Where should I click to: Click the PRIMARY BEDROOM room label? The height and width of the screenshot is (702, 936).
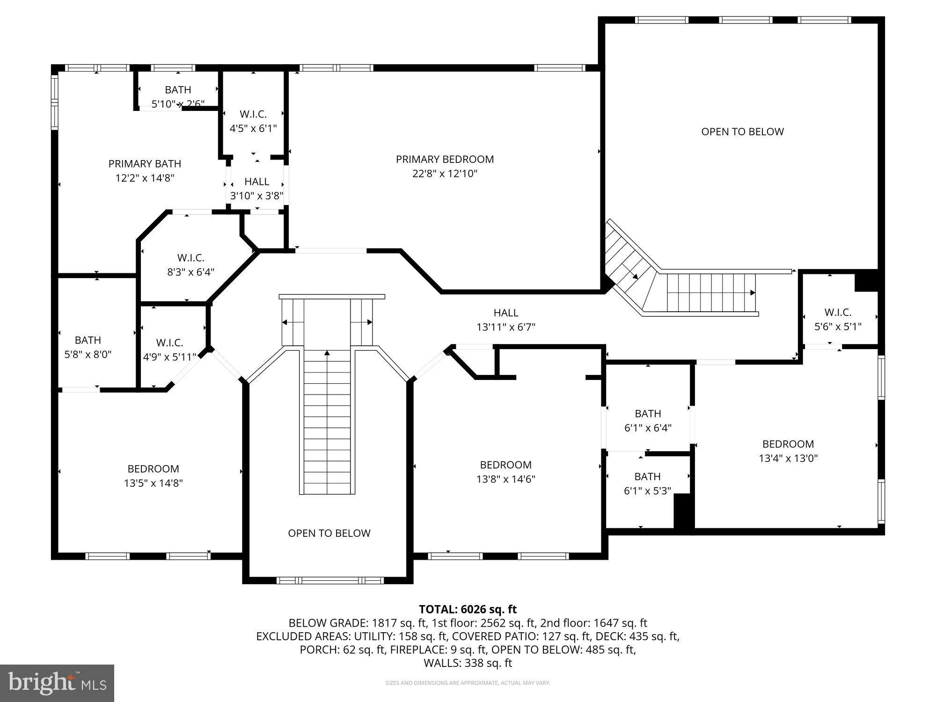tap(445, 159)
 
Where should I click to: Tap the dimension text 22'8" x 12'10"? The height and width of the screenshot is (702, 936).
tap(445, 174)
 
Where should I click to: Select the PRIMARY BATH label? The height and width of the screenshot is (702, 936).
tap(145, 164)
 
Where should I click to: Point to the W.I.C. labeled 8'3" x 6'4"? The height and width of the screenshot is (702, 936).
tap(190, 258)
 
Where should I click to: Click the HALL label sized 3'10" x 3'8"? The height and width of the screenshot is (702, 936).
tap(256, 182)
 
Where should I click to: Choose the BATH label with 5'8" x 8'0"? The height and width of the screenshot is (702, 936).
tap(88, 340)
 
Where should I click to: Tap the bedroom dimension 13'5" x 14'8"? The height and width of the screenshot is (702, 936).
tap(153, 483)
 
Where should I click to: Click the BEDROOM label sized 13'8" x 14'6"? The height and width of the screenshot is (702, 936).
tap(505, 465)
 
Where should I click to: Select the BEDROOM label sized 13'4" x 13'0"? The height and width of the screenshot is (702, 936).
tap(788, 444)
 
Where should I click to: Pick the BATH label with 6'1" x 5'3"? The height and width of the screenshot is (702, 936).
tap(647, 476)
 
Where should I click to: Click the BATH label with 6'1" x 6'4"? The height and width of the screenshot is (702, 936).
tap(648, 414)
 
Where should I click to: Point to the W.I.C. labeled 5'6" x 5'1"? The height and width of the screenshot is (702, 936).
tap(838, 312)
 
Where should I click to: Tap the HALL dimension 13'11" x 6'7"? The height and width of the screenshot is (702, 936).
tap(505, 327)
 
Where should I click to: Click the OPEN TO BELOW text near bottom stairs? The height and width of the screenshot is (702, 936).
tap(329, 533)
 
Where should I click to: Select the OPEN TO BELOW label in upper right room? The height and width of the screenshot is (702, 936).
tap(742, 132)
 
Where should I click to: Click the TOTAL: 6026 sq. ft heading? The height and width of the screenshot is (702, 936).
tap(468, 609)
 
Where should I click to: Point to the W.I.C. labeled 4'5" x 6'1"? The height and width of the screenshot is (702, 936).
tap(253, 114)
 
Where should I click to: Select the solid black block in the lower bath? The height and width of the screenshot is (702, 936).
tap(683, 512)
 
